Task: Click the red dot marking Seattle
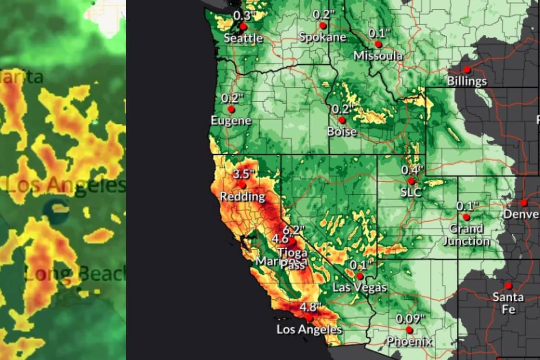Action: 243,26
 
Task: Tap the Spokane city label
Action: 323,37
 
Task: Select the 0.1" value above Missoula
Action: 378,33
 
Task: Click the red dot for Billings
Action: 467,70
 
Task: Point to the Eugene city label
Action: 231,121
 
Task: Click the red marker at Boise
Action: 342,120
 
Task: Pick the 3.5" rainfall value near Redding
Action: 243,174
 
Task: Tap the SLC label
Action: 411,192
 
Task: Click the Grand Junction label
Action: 466,235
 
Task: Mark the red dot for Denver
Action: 524,202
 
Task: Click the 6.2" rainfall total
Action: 293,229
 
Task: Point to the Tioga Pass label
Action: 292,258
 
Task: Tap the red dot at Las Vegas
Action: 360,276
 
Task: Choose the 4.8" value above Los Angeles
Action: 310,308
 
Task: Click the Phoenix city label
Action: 409,342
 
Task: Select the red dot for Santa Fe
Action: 508,286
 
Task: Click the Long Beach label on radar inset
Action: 74,274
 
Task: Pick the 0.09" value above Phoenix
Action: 410,319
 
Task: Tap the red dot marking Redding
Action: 242,184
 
